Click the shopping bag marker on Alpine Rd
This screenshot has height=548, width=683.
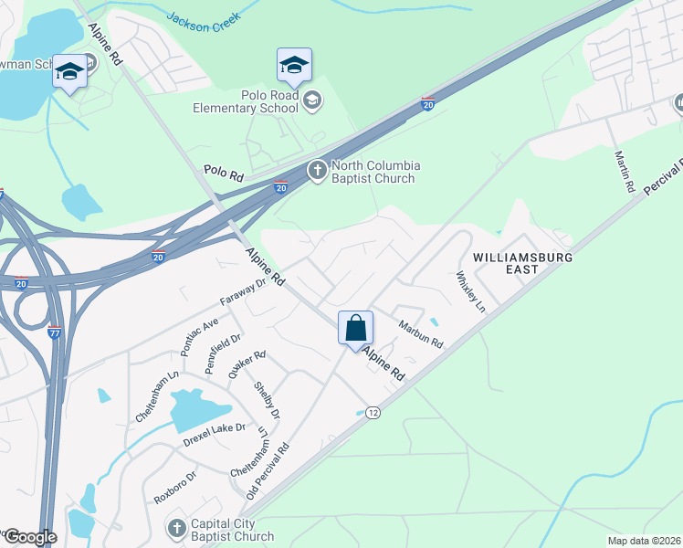click(355, 328)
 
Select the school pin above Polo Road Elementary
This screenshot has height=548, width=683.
click(294, 65)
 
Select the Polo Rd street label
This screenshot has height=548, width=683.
click(223, 172)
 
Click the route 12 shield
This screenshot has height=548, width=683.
click(373, 413)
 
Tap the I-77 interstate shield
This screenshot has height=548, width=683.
click(55, 333)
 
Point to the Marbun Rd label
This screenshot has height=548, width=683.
click(420, 332)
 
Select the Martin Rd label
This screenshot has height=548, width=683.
click(625, 171)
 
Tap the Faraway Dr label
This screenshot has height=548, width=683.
click(242, 292)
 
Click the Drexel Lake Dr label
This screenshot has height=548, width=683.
click(215, 428)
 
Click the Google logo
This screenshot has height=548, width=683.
click(29, 537)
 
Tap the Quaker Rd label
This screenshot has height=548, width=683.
click(247, 364)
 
